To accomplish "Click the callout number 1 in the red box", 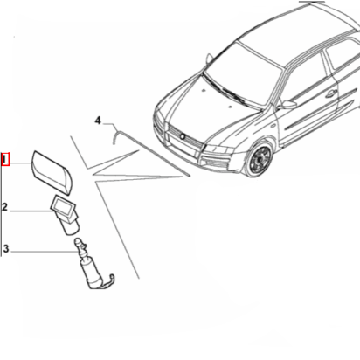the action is pos(4,160).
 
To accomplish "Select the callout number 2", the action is pos(5,207).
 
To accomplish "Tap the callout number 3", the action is pos(6,249).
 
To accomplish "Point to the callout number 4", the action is pos(98,121).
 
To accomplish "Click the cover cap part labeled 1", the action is pos(52,172).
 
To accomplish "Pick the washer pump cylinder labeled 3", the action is pos(91,273).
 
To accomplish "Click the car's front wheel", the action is pos(259,159).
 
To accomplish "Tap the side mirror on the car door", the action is pos(287,105).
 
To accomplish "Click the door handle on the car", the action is pos(330,94).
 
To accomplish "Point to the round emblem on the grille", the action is pos(183,136).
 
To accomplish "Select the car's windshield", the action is pos(242,73).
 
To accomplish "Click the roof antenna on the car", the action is pos(209,59).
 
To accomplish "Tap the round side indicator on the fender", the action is pos(273,126).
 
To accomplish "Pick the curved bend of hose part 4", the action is pos(115,135).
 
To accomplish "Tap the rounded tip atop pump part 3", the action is pos(79,241).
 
